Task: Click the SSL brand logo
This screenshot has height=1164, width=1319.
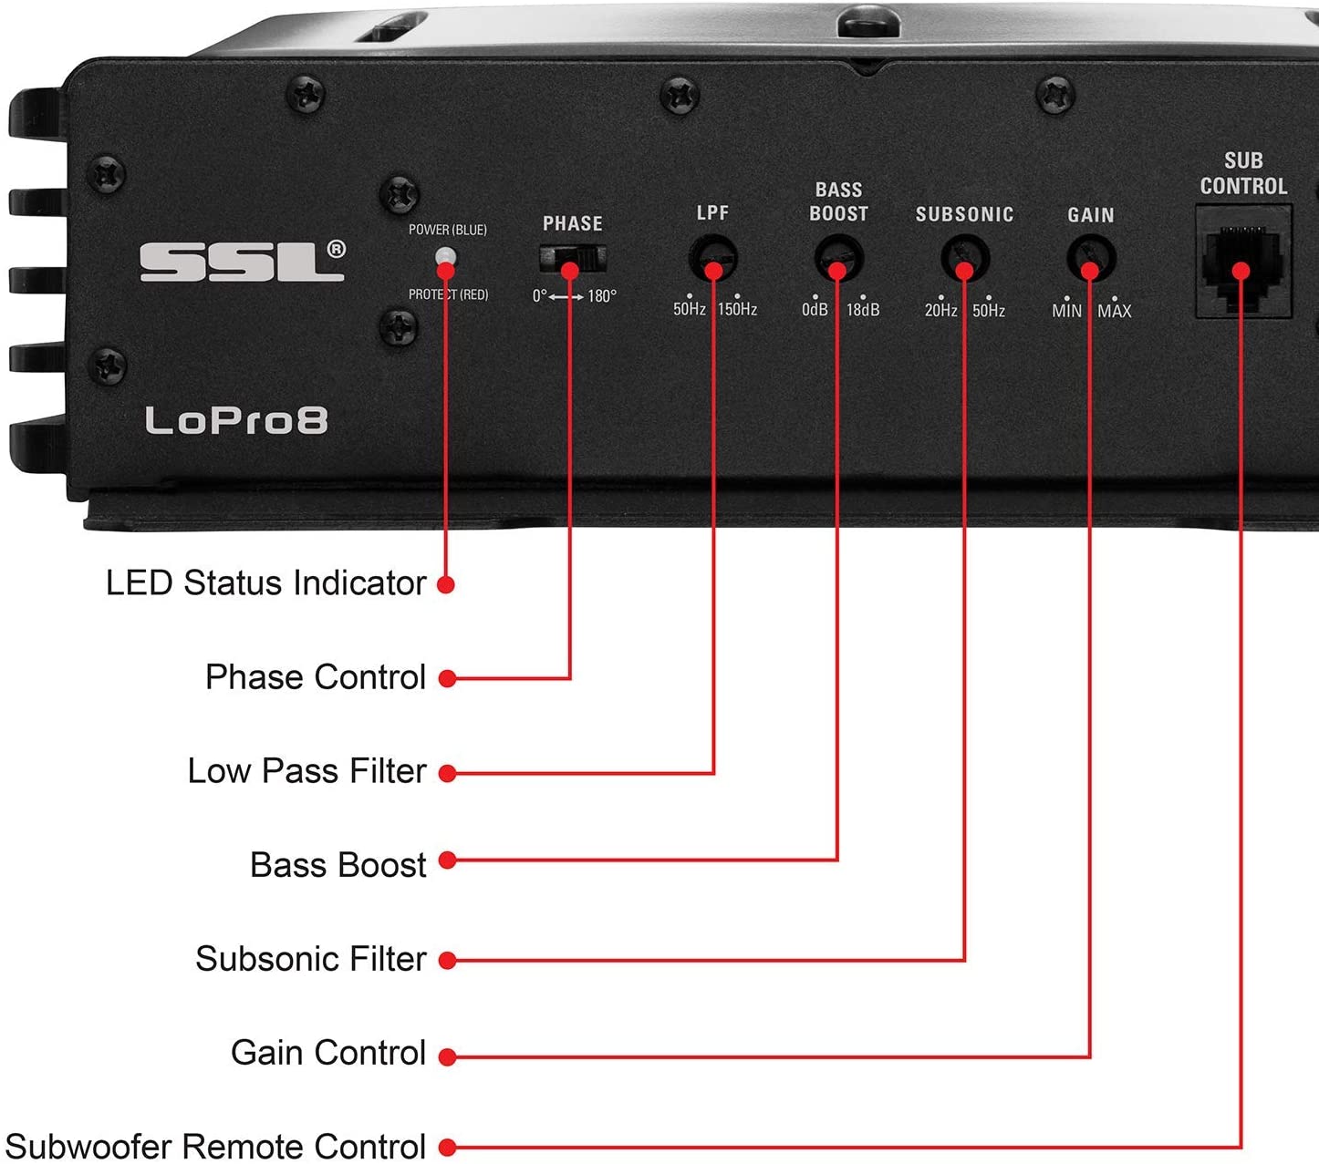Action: click(243, 262)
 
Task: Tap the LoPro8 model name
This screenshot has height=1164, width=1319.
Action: click(236, 420)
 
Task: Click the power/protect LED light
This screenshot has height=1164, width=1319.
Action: click(445, 257)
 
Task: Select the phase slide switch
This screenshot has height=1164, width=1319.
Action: click(573, 259)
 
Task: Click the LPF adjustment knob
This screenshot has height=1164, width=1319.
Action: click(713, 258)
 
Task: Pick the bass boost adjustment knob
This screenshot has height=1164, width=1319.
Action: click(839, 258)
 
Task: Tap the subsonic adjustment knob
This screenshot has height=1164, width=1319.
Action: click(965, 259)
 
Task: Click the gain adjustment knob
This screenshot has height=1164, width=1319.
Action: click(1091, 259)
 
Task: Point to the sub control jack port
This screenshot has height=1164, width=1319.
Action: click(1242, 262)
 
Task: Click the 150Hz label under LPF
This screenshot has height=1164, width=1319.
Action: click(737, 309)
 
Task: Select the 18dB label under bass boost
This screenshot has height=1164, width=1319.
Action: click(863, 310)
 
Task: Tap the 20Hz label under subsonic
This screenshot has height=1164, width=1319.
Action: click(940, 310)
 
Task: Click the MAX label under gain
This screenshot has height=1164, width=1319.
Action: click(1114, 311)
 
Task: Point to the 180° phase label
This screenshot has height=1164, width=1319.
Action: click(601, 296)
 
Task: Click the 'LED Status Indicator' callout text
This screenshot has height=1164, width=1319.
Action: click(265, 583)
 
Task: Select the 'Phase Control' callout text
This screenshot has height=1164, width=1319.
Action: click(316, 676)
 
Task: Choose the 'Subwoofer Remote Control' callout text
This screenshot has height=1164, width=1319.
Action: click(215, 1147)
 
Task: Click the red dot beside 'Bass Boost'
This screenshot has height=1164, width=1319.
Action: click(447, 860)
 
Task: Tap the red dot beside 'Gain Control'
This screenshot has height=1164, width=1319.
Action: click(447, 1056)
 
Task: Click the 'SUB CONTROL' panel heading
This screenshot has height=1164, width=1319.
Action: click(1243, 173)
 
